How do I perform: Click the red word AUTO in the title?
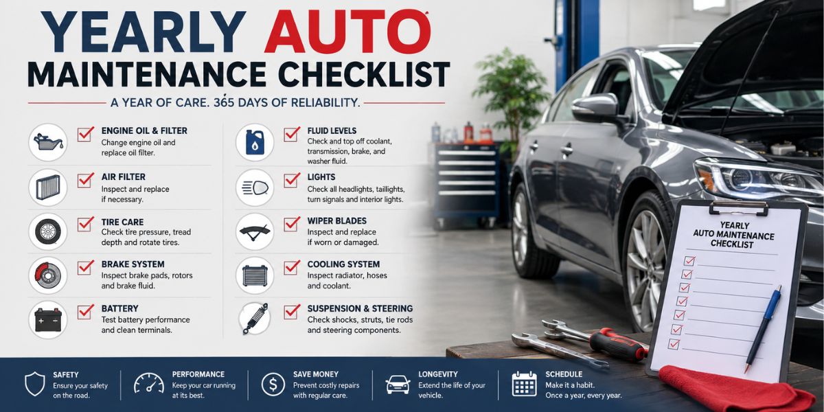(347, 32)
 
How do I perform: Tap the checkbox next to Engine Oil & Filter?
(85, 135)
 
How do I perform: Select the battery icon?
(48, 320)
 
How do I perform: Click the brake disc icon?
(48, 275)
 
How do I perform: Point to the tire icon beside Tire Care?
(48, 232)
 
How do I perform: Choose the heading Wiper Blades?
(337, 220)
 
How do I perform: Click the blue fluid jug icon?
(255, 142)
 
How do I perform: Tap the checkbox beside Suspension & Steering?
(292, 312)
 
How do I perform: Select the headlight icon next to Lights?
(255, 187)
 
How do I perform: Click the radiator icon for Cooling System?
(255, 275)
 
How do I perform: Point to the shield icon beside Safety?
(34, 384)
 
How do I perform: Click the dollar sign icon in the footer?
(273, 384)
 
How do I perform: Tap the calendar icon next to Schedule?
(524, 384)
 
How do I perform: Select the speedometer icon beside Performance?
(149, 383)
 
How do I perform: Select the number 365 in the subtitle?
(224, 102)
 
